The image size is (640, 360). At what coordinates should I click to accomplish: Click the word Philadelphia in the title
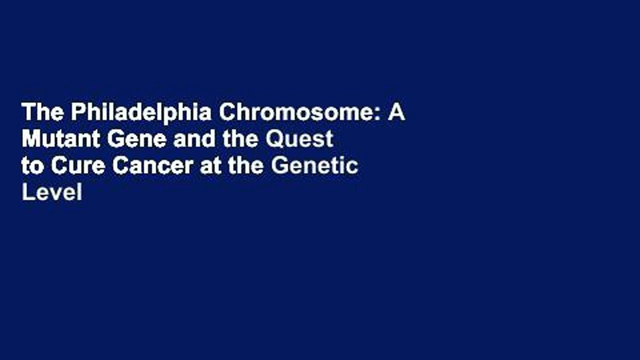point(140,114)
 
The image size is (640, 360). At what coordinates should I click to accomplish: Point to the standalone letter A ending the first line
point(396,114)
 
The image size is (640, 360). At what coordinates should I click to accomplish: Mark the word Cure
point(77,166)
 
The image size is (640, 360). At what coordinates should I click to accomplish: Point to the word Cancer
point(153,166)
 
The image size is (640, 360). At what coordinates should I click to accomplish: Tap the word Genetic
point(315,166)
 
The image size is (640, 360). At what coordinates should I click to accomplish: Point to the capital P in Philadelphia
point(76,114)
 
